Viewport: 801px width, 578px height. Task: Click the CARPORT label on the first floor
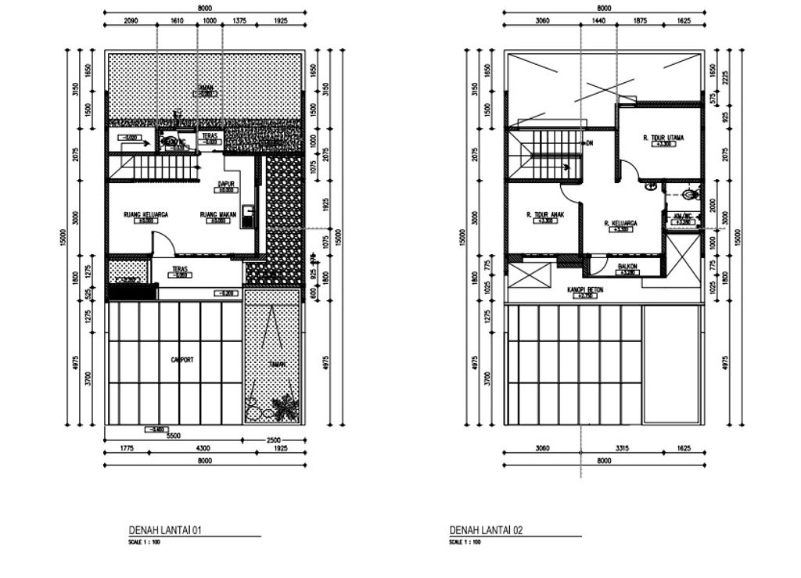181,360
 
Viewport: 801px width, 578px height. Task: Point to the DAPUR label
226,184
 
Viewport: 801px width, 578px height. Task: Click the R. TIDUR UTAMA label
663,138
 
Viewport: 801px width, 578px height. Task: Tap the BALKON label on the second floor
628,266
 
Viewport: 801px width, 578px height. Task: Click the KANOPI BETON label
585,289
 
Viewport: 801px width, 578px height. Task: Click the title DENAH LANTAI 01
165,530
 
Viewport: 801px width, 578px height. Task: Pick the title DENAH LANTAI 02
486,530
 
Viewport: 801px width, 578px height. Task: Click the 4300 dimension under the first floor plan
202,447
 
